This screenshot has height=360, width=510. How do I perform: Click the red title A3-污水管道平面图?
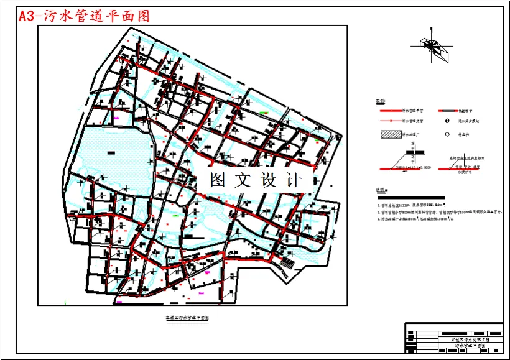pyautogui.click(x=85, y=16)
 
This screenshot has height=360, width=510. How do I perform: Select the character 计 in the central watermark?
pyautogui.click(x=293, y=180)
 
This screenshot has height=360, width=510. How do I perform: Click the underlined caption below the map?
pyautogui.click(x=186, y=316)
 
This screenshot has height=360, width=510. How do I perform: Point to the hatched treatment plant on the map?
pyautogui.click(x=287, y=264)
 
